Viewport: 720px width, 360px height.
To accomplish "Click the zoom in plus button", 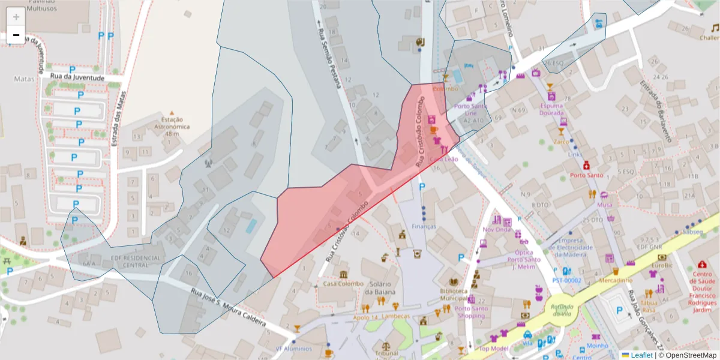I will coord(16,17).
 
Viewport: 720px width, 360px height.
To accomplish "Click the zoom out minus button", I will coord(16,35).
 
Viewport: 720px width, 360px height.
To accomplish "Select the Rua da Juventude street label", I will coord(77,77).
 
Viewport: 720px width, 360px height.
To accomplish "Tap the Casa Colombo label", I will coord(343,284).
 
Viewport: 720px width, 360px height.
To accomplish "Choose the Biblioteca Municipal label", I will coord(454,294).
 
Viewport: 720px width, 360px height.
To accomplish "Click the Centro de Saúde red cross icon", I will coord(702,265).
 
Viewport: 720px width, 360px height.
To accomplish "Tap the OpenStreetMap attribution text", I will coord(688,355).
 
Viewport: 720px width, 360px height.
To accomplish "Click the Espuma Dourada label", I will coord(551,109).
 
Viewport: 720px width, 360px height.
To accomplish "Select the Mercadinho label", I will coord(615,280).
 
